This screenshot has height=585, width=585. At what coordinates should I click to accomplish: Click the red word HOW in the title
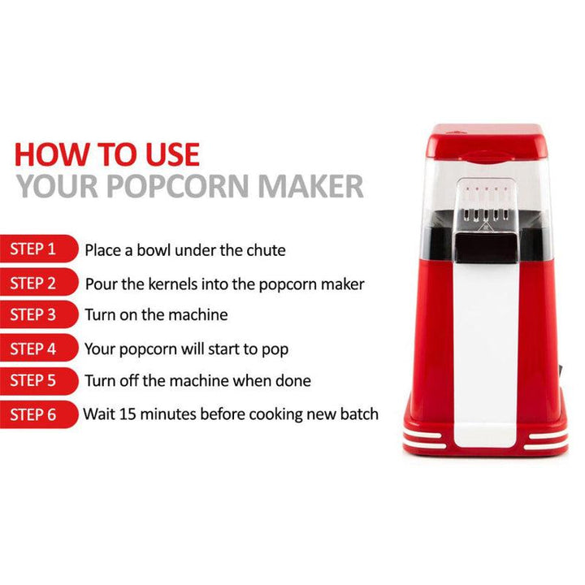coord(50,154)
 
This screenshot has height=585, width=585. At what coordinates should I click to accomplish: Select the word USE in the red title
coord(166,154)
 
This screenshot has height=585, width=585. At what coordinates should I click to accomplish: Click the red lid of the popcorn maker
coord(486,138)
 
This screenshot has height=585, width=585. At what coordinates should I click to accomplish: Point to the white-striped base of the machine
coord(485,441)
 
